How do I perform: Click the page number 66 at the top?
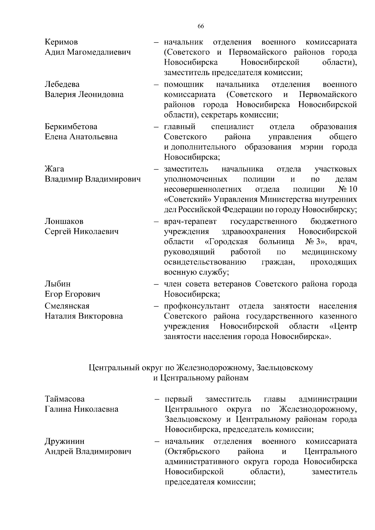coord(201,26)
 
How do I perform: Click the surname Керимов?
coord(62,42)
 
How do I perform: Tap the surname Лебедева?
coord(62,84)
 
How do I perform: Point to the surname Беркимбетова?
coord(71,127)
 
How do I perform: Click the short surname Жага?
coord(54,169)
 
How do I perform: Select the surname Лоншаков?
coord(64,221)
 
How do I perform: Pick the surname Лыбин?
coord(58,284)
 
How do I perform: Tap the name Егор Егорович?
coord(72,294)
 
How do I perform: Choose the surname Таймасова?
coord(65,399)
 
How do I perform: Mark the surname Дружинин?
coord(65,442)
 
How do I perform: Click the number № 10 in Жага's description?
coord(347,189)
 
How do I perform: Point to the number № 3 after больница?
coord(316,242)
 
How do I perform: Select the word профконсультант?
coord(197,306)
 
